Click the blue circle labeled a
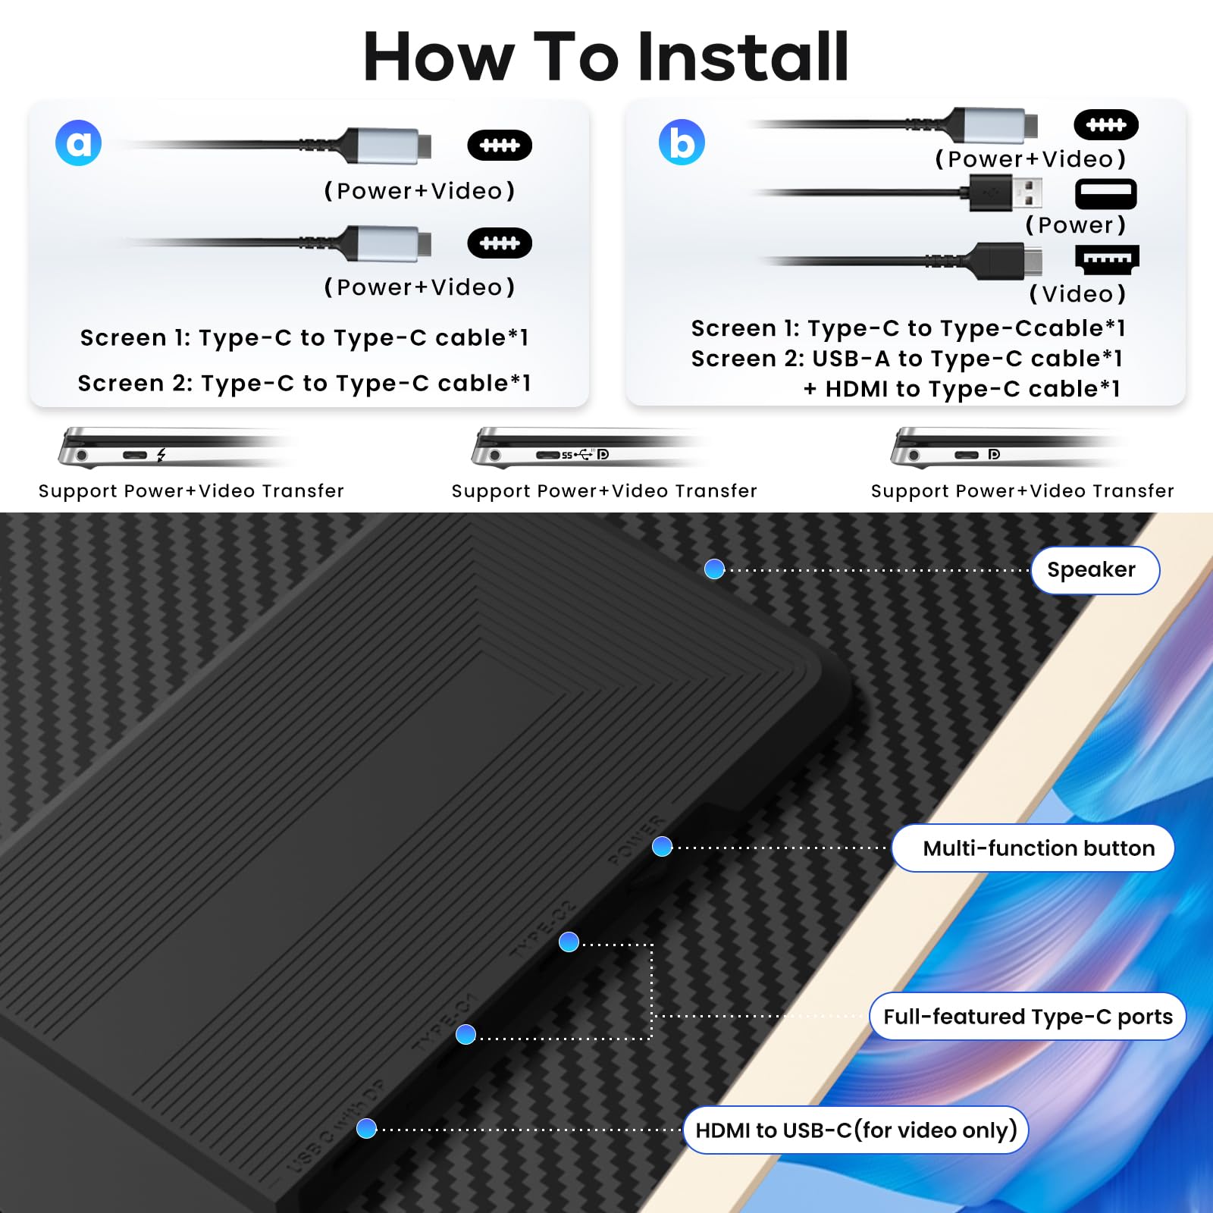[79, 143]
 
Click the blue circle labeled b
[682, 143]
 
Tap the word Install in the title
[743, 58]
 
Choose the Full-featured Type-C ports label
[1027, 1017]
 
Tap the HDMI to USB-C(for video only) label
[855, 1130]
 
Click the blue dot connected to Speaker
[714, 569]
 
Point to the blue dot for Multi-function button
[662, 847]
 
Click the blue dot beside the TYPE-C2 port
[569, 942]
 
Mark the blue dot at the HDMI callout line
[366, 1129]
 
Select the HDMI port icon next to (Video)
[1107, 259]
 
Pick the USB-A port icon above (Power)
[1105, 194]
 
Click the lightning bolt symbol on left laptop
[161, 456]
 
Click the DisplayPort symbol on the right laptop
[994, 455]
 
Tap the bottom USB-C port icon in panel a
[500, 243]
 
